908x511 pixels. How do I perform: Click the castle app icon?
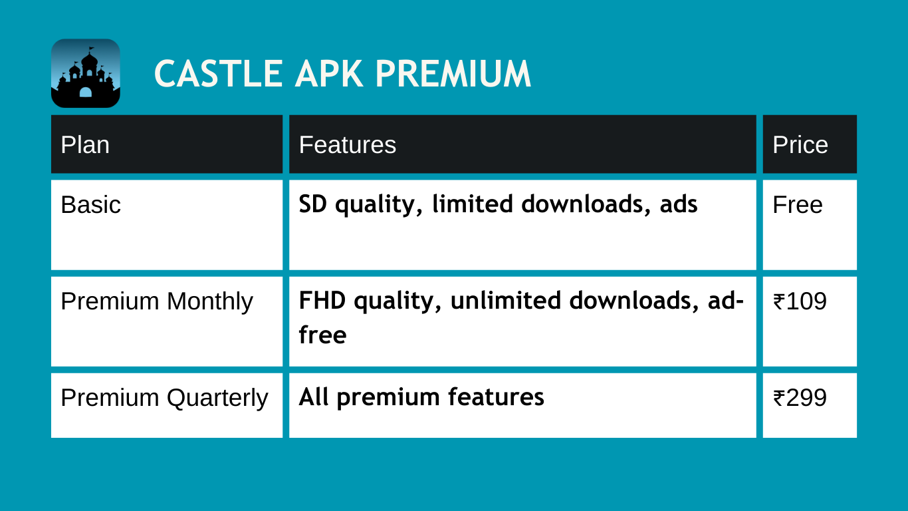click(x=86, y=73)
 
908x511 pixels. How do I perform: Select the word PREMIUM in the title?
click(x=453, y=73)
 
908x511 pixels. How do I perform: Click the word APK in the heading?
click(x=329, y=73)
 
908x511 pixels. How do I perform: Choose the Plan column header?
click(x=85, y=144)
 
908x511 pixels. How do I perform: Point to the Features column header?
click(x=348, y=144)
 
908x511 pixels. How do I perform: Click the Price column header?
click(x=800, y=144)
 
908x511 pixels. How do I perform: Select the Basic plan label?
click(x=91, y=204)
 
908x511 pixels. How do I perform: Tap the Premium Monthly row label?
click(x=157, y=302)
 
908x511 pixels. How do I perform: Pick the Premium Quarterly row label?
click(x=165, y=398)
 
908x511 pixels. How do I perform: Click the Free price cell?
click(x=798, y=204)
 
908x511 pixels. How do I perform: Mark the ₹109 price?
click(x=800, y=301)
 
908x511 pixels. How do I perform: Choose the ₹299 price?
click(x=800, y=398)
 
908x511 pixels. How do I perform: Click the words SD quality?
click(x=361, y=204)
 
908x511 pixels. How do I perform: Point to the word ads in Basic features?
click(x=679, y=204)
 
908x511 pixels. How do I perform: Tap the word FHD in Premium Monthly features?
click(x=322, y=300)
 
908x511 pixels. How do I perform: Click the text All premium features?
click(x=421, y=398)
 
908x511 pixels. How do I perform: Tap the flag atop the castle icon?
click(x=91, y=49)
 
